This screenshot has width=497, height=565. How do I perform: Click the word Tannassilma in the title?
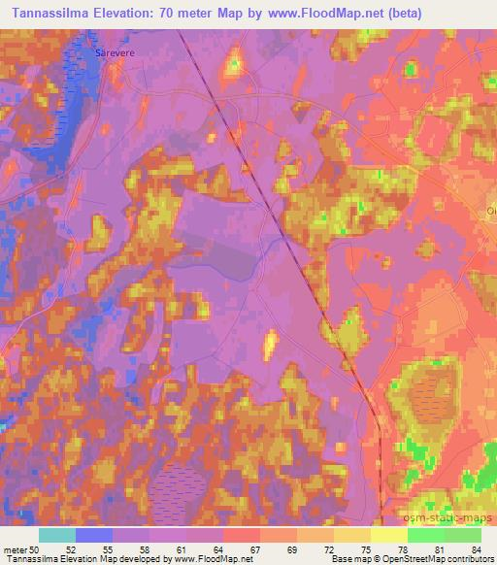click(x=45, y=13)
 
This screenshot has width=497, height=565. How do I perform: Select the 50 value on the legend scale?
click(x=37, y=549)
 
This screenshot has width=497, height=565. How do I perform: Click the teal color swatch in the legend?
click(x=56, y=535)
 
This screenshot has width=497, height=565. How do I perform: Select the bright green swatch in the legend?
click(x=426, y=535)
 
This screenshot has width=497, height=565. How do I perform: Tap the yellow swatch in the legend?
click(x=388, y=535)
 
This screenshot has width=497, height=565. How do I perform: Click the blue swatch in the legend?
click(x=93, y=535)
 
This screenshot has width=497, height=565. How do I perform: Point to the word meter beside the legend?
click(x=15, y=549)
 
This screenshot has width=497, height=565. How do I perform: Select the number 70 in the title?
click(x=177, y=13)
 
